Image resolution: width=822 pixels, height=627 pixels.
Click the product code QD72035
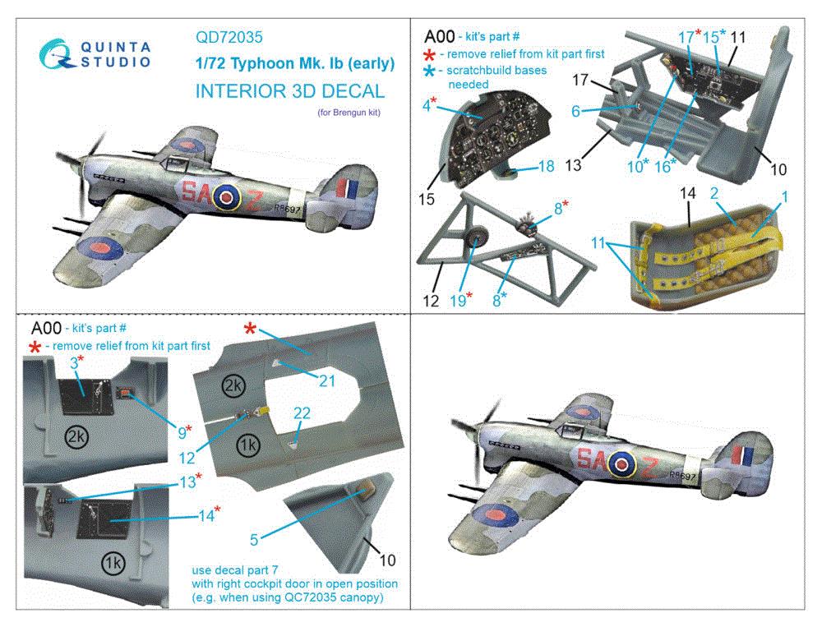(229, 37)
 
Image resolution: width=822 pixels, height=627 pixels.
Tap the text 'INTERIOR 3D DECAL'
(290, 91)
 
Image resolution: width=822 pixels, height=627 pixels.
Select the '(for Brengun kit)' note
(349, 113)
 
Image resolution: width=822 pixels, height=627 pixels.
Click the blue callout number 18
(546, 166)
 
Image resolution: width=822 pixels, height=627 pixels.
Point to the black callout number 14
(687, 193)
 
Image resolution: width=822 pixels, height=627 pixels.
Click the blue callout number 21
(326, 380)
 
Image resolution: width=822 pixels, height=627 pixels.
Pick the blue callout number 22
(302, 413)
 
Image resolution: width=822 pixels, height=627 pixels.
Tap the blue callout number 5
(254, 539)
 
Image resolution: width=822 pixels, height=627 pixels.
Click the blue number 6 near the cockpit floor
(575, 111)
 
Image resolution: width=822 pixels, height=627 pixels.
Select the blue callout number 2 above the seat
(714, 193)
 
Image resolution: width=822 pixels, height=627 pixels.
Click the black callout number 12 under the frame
(431, 301)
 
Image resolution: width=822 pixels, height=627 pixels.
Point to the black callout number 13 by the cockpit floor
(573, 166)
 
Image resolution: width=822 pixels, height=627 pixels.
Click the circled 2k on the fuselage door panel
(233, 386)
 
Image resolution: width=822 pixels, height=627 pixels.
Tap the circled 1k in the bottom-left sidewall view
(112, 564)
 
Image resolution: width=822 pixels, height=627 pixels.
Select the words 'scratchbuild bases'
(496, 70)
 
